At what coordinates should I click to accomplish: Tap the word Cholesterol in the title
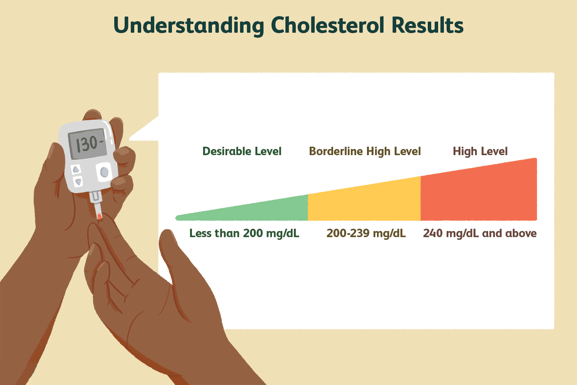[x=327, y=25]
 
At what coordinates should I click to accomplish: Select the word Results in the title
[x=428, y=25]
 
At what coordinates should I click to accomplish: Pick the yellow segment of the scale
[x=364, y=201]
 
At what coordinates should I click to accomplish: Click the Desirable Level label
[x=242, y=151]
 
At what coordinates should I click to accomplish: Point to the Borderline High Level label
[x=365, y=152]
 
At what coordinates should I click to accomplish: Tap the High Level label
[x=480, y=152]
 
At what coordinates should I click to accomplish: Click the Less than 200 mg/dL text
[x=244, y=233]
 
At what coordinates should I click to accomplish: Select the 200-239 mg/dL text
[x=366, y=233]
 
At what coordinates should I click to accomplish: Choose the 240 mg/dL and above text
[x=480, y=233]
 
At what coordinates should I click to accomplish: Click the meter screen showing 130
[x=88, y=144]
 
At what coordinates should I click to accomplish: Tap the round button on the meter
[x=104, y=172]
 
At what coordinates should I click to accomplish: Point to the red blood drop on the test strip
[x=99, y=216]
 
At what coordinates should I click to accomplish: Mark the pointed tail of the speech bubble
[x=129, y=139]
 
